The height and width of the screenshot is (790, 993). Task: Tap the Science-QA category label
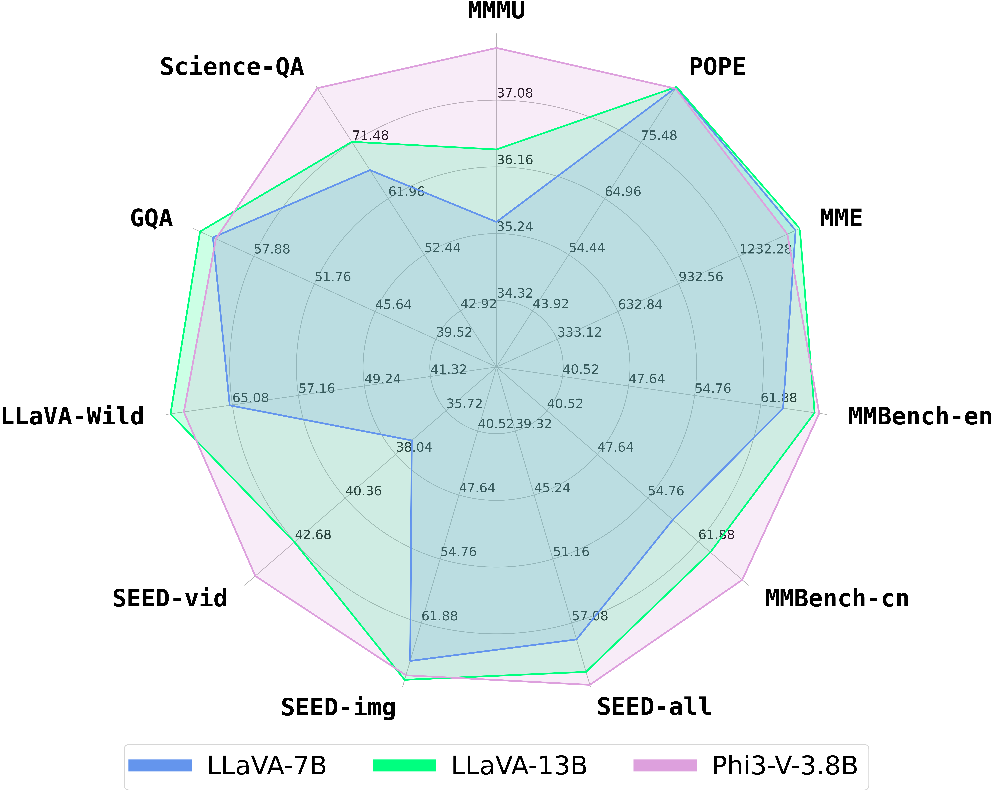tap(232, 67)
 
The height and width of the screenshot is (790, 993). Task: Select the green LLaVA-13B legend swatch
tap(404, 766)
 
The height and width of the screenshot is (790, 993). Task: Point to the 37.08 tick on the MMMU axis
tap(514, 93)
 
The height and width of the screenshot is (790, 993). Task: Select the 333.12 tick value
tap(579, 332)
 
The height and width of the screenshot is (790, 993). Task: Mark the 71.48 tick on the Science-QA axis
tap(370, 135)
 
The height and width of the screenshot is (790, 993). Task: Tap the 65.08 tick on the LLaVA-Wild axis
tap(251, 398)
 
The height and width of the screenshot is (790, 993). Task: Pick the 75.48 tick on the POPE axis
tap(659, 135)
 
